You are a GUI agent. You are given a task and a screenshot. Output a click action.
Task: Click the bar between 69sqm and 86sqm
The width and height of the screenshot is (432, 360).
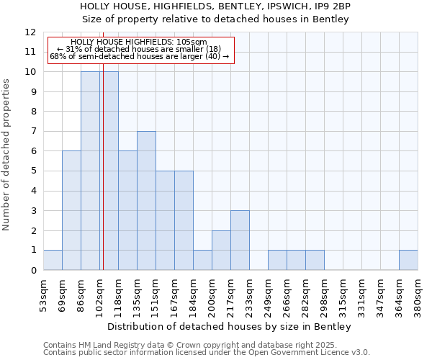[x=71, y=210]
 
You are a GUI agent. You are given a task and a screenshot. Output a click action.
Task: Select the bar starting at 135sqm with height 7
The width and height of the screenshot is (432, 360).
[x=146, y=201]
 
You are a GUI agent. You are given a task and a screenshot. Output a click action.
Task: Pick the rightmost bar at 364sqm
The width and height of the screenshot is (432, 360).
[x=408, y=260]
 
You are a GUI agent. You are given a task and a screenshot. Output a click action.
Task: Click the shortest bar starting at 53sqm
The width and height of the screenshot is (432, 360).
[x=53, y=260]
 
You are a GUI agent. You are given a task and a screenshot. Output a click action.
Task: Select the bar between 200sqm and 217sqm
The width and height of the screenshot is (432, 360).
[x=221, y=250]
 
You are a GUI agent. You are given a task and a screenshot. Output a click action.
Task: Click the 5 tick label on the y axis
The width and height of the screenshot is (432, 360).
[x=33, y=171]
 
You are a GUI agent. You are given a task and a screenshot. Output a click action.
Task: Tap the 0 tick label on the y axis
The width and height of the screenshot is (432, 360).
[x=33, y=271]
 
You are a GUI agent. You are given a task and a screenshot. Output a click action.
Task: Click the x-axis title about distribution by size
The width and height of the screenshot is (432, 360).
[x=230, y=327]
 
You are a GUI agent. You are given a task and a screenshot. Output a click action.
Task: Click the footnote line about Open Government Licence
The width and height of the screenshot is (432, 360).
[x=207, y=353]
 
